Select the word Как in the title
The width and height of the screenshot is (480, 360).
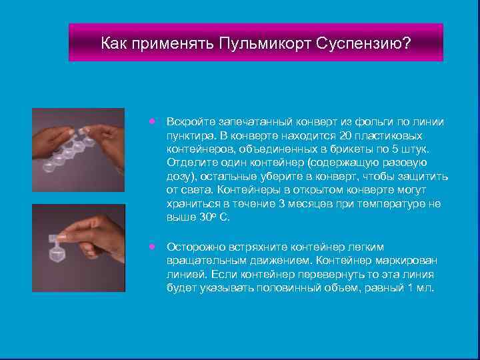pyautogui.click(x=114, y=44)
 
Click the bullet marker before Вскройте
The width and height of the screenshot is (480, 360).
pyautogui.click(x=153, y=122)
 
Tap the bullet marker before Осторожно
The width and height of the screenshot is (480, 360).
pyautogui.click(x=153, y=246)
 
